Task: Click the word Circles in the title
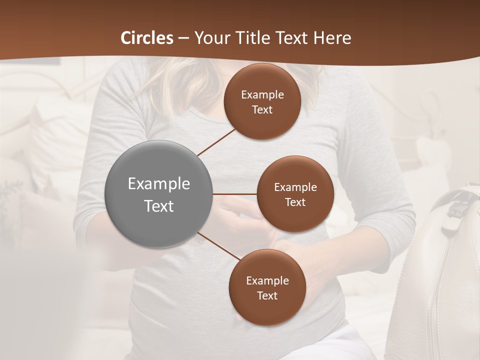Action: pyautogui.click(x=147, y=38)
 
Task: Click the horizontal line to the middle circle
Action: pyautogui.click(x=235, y=194)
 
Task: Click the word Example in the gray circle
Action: pyautogui.click(x=159, y=184)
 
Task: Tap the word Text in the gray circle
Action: pyautogui.click(x=159, y=206)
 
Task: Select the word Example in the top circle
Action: pyautogui.click(x=262, y=95)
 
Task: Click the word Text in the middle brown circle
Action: pyautogui.click(x=295, y=202)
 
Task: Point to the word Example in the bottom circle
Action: pyautogui.click(x=267, y=280)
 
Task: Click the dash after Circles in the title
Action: pyautogui.click(x=183, y=38)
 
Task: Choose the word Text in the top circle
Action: pyautogui.click(x=262, y=110)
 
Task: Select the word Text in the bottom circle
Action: pyautogui.click(x=267, y=295)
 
